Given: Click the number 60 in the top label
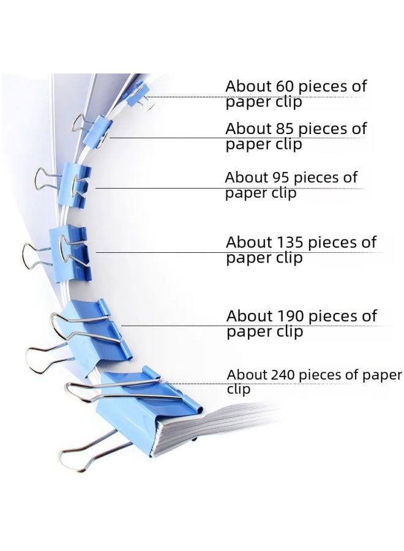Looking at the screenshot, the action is pos(285,86).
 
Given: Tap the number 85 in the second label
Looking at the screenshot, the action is pos(285,129).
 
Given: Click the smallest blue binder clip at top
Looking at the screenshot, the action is pos(136,93).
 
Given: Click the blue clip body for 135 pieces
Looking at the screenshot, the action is pos(70,253).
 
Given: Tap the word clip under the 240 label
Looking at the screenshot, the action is pos(239,389).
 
